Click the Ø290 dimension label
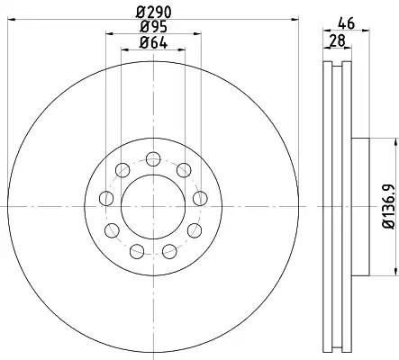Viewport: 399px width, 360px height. [153, 13]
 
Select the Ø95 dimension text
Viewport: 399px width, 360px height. [153, 27]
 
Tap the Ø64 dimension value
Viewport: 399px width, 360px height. [153, 43]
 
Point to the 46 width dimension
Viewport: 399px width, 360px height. [347, 23]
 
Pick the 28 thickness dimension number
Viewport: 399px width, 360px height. [337, 40]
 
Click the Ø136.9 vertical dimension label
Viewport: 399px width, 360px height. [388, 207]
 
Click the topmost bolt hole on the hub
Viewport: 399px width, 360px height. [153, 159]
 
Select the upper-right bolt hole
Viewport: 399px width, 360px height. [184, 170]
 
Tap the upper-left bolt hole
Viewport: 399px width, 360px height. [122, 170]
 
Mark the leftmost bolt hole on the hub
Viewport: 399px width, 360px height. [106, 199]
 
